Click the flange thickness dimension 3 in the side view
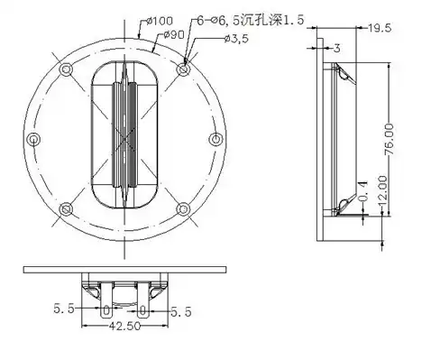click(x=335, y=47)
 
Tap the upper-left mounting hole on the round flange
click(x=63, y=69)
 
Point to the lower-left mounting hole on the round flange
click(x=63, y=209)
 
